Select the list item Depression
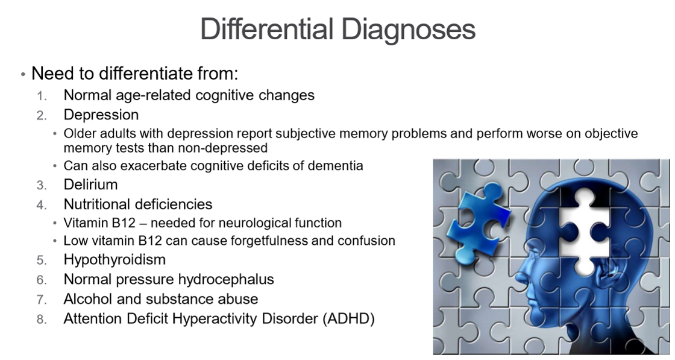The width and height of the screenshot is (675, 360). [101, 115]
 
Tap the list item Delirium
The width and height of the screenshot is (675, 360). [90, 185]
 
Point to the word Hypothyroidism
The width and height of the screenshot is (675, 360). [115, 260]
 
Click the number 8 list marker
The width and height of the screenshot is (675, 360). [41, 320]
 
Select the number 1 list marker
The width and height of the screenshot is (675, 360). [41, 96]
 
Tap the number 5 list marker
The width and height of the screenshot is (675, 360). [41, 261]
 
